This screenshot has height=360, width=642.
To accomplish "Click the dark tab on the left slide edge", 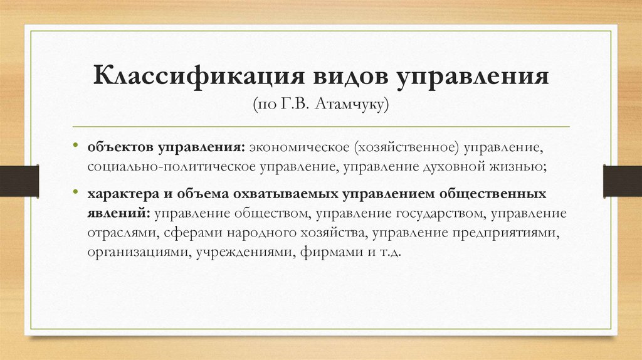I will tap(19, 180).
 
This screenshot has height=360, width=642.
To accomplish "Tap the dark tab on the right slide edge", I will tap(622, 180).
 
